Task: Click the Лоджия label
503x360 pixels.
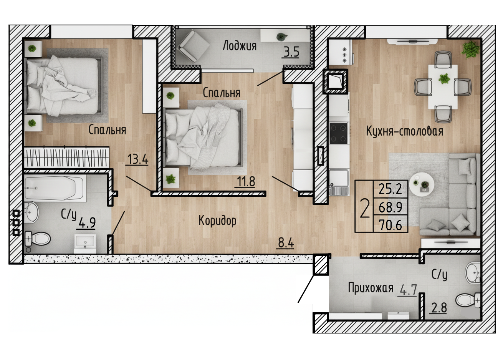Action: click(239, 46)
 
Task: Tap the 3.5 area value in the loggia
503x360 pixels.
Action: click(291, 52)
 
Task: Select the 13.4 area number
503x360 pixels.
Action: click(137, 159)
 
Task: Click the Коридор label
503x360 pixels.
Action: click(217, 221)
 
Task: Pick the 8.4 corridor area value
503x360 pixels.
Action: click(286, 243)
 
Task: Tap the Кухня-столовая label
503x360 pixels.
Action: click(405, 131)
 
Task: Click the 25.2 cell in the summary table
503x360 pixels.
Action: click(390, 189)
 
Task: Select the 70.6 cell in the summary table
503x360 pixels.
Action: click(390, 225)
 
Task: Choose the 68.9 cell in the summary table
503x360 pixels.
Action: click(390, 207)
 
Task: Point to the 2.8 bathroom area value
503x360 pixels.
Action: click(439, 308)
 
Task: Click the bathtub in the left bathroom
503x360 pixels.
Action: click(55, 188)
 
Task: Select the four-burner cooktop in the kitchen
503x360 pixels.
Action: click(338, 133)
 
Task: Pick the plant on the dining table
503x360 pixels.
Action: click(444, 79)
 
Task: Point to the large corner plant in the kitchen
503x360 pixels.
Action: click(470, 49)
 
